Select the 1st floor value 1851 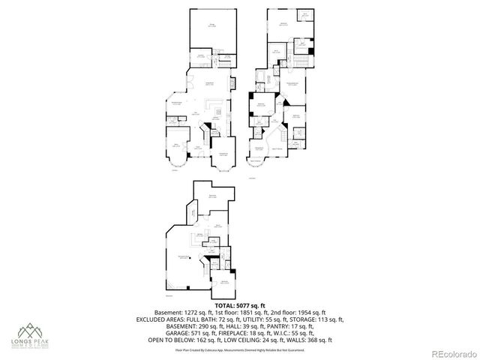tap(232, 313)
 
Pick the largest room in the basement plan tap(184, 259)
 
